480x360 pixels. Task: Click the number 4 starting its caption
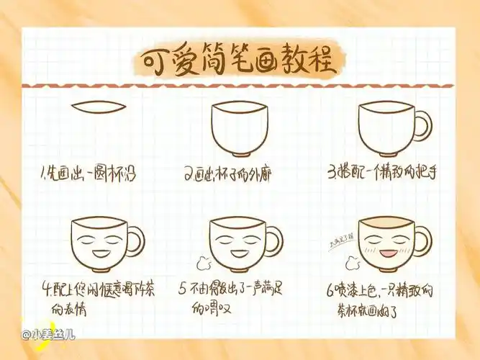click(45, 291)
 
